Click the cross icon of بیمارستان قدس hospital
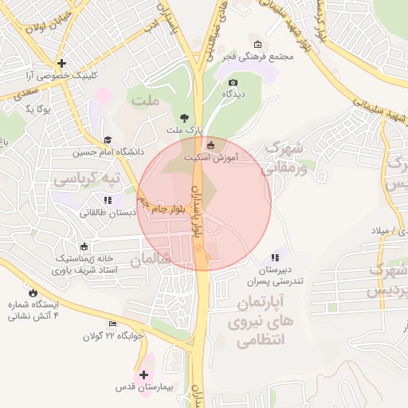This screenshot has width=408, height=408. point(143,375)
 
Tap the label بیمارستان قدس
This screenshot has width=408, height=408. point(143,389)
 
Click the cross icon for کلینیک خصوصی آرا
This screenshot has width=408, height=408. point(61,63)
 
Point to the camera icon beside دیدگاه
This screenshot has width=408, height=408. point(233,82)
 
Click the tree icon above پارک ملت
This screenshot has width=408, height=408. point(186,117)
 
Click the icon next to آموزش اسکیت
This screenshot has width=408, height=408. point(210,145)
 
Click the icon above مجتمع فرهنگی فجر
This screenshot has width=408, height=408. point(257,44)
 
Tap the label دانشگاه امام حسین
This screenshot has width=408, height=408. point(110,151)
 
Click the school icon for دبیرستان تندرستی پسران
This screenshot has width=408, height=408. point(275,257)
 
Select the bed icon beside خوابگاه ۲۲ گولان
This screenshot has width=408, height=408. point(113,324)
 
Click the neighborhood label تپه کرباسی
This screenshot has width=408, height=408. point(86,179)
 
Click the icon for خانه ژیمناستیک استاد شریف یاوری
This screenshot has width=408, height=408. point(84,245)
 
